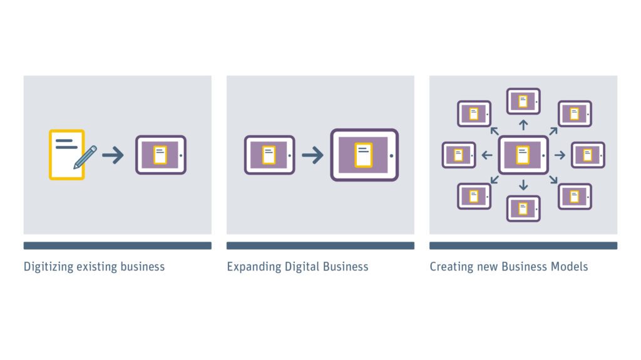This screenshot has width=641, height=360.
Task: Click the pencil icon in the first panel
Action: pos(85,157)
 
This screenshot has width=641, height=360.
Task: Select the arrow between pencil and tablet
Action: pos(113,155)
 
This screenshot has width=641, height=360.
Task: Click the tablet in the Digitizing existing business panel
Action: pos(161,155)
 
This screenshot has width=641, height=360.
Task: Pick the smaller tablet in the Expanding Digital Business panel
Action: pos(269,155)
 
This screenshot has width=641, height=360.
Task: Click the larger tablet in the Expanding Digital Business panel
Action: pos(364,155)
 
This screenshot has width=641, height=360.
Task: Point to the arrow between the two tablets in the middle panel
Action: pos(312,155)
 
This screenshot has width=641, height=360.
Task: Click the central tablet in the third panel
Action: pos(523,155)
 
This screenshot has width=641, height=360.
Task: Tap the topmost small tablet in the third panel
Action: pos(523,101)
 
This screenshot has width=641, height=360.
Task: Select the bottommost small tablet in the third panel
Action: pos(523,208)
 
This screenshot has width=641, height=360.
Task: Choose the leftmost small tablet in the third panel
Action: pos(459,155)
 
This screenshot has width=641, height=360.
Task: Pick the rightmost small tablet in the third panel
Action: pos(588,155)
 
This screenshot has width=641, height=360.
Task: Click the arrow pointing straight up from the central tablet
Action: pos(523,125)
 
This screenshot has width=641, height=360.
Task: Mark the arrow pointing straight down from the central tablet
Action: pos(523,185)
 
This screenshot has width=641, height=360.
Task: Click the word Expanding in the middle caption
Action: pos(254,267)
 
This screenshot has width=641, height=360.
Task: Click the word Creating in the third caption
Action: pos(451,267)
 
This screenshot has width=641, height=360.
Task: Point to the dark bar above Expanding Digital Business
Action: pos(320,245)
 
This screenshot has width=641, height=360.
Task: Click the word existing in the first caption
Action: pos(97,267)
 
